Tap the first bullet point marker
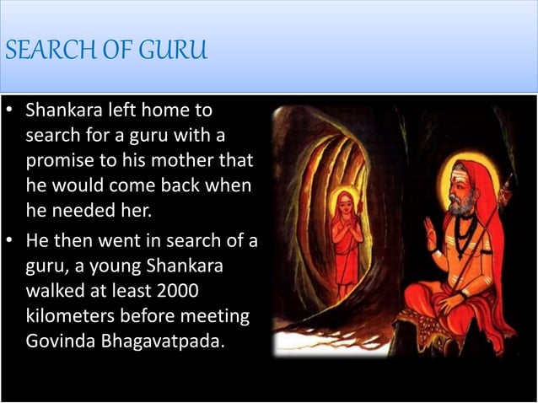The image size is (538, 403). point(11,111)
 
